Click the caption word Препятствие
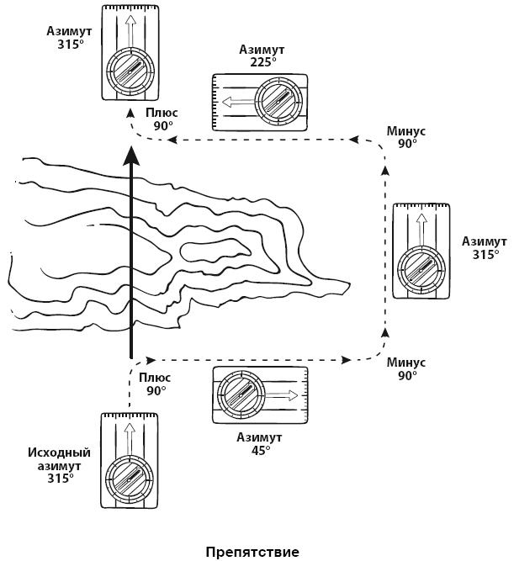click(252, 552)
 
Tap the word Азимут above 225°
click(261, 50)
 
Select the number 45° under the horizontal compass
click(261, 450)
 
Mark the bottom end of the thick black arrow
click(130, 357)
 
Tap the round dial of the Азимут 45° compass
click(242, 394)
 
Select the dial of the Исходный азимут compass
click(128, 480)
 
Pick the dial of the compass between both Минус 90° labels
click(421, 269)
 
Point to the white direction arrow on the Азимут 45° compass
click(283, 394)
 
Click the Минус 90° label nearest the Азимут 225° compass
click(407, 138)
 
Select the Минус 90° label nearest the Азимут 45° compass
click(407, 369)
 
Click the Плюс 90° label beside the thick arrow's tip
click(162, 119)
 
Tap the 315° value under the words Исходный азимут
click(59, 478)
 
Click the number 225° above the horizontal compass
click(261, 61)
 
